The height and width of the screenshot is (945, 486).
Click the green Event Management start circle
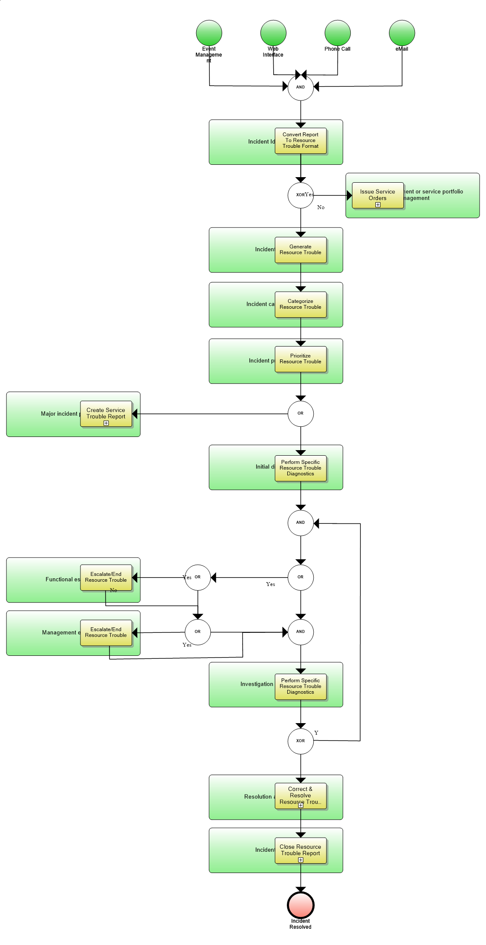point(209,33)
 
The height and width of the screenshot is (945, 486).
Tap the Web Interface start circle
point(273,33)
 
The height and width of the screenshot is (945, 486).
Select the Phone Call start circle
point(337,33)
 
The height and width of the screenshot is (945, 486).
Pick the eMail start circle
point(402,33)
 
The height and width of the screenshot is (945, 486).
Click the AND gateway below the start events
point(300,87)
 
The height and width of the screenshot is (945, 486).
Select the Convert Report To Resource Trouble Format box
point(300,141)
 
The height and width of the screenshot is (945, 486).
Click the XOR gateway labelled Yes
point(300,195)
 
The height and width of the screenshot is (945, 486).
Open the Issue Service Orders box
point(377,195)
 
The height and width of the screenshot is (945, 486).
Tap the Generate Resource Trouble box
point(300,250)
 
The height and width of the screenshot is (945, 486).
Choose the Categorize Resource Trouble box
point(300,304)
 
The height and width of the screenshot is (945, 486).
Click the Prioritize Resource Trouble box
point(300,359)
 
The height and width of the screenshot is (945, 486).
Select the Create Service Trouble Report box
point(106,414)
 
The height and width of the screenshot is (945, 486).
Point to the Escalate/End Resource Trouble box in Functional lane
point(106,577)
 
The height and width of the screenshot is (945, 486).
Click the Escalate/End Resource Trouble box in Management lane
point(106,632)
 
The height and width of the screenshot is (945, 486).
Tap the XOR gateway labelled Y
point(300,741)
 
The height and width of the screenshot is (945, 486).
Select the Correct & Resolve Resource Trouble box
point(300,796)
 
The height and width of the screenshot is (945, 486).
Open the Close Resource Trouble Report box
point(300,850)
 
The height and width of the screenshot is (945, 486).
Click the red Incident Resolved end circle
point(300,905)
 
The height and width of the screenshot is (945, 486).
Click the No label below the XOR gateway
point(321,207)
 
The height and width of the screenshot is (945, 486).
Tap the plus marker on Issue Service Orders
point(377,205)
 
